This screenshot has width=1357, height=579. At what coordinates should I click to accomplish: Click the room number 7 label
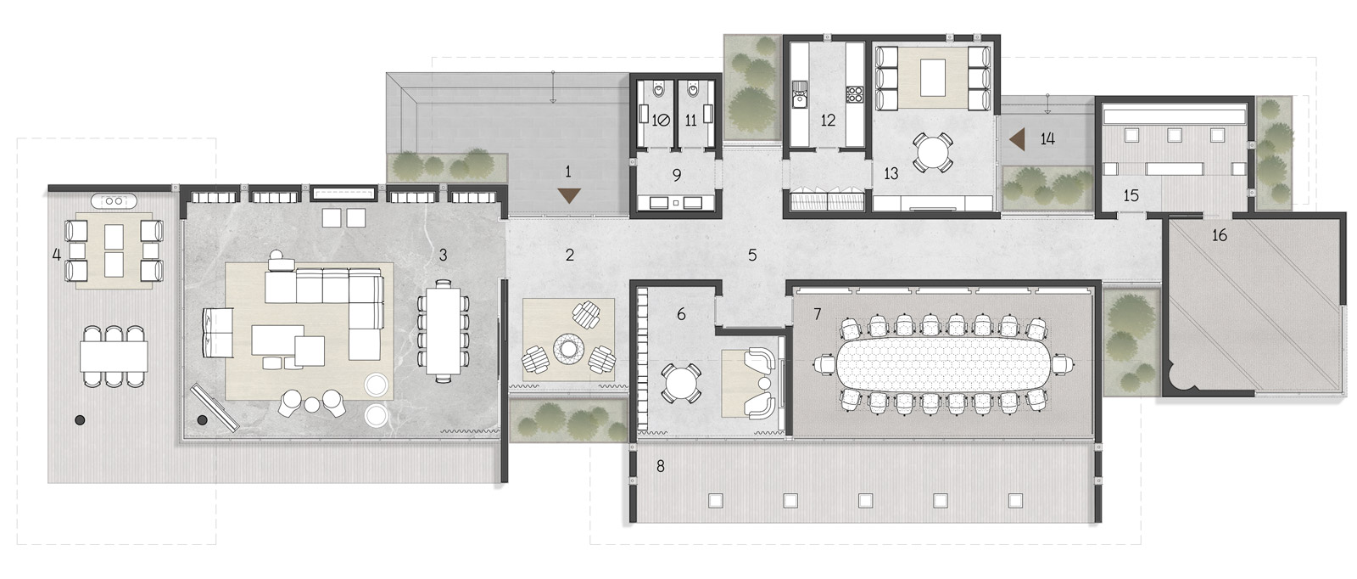pyautogui.click(x=818, y=314)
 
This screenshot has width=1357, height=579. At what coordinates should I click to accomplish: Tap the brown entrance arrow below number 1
pyautogui.click(x=569, y=195)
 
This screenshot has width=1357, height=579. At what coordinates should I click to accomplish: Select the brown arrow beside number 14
pyautogui.click(x=1017, y=139)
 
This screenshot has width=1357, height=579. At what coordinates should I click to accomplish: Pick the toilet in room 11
pyautogui.click(x=691, y=93)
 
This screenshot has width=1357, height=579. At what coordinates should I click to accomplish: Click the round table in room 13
pyautogui.click(x=933, y=152)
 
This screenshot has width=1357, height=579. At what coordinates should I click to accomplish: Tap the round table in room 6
pyautogui.click(x=681, y=383)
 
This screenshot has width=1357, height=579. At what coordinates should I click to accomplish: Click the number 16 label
pyautogui.click(x=1219, y=235)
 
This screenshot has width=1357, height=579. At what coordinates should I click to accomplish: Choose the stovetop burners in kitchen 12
pyautogui.click(x=854, y=93)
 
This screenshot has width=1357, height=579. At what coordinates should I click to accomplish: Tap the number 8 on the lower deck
pyautogui.click(x=661, y=466)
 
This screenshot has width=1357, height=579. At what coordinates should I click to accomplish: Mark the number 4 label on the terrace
pyautogui.click(x=56, y=255)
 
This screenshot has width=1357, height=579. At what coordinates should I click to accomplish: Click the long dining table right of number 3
pyautogui.click(x=444, y=331)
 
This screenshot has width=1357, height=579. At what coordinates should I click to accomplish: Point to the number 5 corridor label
pyautogui.click(x=751, y=256)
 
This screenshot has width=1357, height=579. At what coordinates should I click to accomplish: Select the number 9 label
pyautogui.click(x=677, y=175)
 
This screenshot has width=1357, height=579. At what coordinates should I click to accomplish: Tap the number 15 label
pyautogui.click(x=1131, y=196)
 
